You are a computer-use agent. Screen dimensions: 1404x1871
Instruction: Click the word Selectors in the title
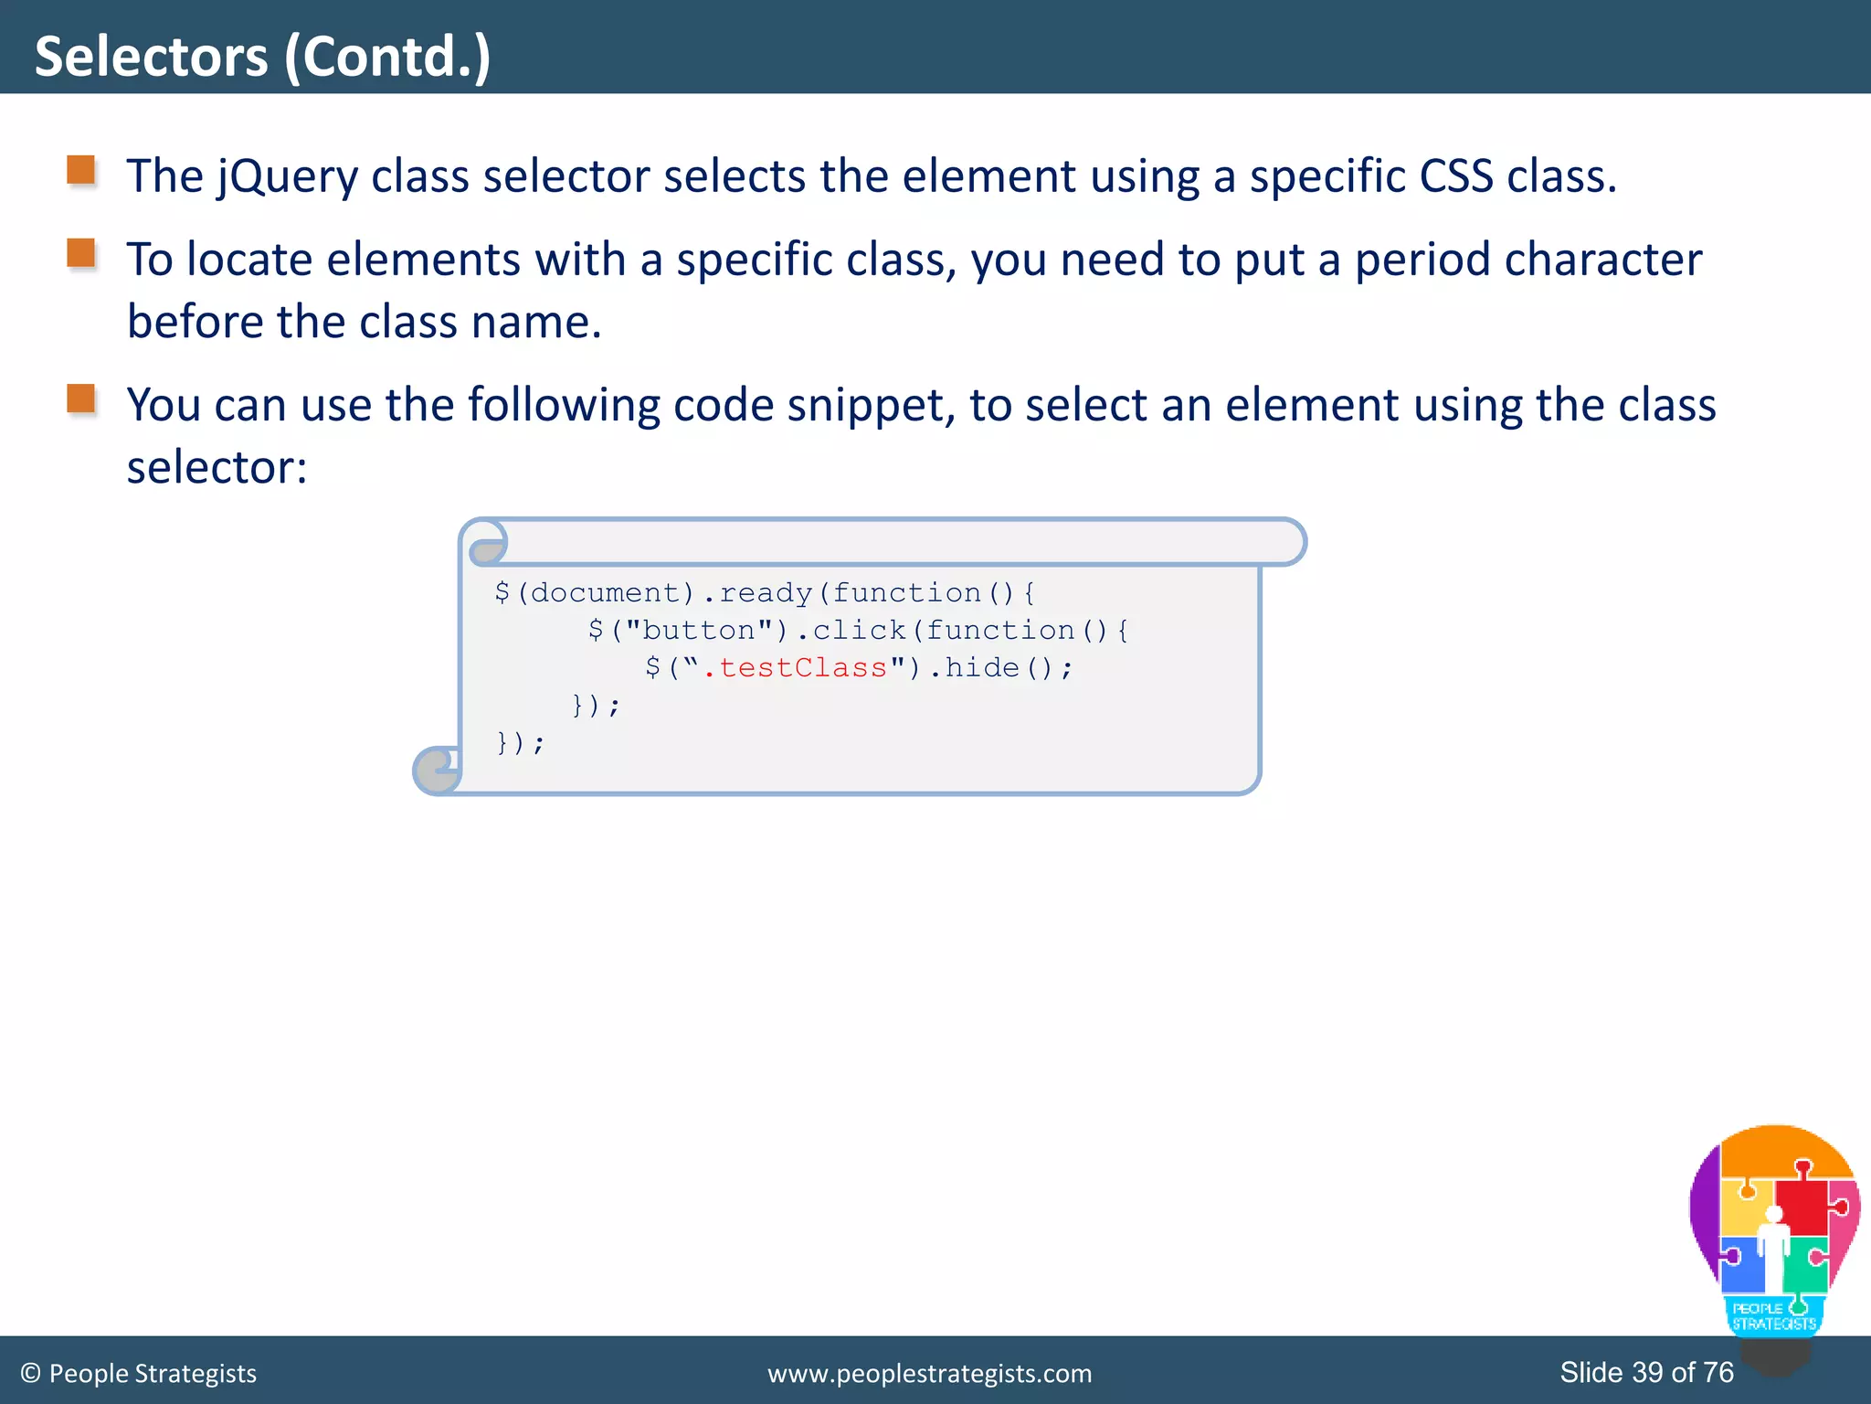(152, 57)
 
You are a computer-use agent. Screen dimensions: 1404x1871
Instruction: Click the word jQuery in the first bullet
(288, 176)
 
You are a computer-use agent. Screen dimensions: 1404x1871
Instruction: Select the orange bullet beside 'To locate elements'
(81, 253)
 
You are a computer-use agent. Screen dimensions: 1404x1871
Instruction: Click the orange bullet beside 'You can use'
(81, 399)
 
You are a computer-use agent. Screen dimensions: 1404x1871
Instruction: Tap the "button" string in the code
(699, 631)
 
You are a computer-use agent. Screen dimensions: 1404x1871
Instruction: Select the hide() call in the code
(999, 668)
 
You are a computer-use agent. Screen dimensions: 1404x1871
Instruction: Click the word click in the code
(859, 631)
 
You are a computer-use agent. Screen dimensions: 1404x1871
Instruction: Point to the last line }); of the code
(520, 743)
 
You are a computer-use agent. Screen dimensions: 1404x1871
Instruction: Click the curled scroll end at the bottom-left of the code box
(437, 771)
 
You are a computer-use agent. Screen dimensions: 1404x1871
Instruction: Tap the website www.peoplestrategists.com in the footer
(929, 1374)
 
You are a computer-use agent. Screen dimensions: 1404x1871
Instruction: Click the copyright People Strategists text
(139, 1374)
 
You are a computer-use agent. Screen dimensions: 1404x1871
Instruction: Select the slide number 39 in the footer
(1647, 1372)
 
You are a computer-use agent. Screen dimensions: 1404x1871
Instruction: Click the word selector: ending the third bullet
(217, 468)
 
